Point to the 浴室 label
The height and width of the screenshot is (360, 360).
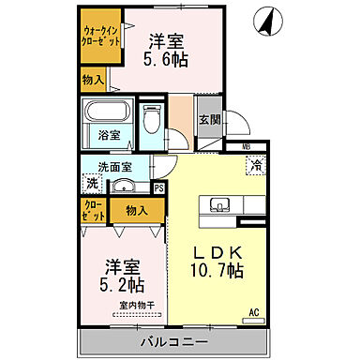110,136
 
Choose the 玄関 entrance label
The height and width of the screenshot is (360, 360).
209,119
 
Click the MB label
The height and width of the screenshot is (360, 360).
247,147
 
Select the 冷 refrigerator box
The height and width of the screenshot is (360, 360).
256,166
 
